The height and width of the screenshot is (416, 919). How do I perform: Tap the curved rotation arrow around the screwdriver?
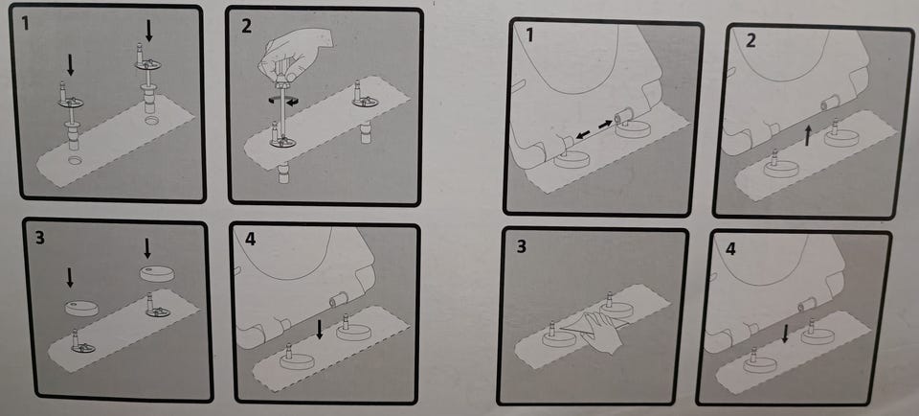(x=283, y=102)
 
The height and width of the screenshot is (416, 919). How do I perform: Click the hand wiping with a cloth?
(x=604, y=332)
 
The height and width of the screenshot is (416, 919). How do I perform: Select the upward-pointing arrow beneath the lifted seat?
(x=809, y=136)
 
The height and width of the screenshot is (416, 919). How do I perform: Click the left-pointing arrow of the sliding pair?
(x=583, y=135)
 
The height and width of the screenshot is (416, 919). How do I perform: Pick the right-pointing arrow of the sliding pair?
(x=605, y=125)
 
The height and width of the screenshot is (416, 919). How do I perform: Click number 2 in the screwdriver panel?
(x=246, y=25)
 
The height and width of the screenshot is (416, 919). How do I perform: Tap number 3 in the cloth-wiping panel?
(x=521, y=246)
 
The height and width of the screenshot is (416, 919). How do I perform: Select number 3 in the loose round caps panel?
(x=40, y=239)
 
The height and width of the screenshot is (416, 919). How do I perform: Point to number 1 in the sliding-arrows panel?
(x=529, y=35)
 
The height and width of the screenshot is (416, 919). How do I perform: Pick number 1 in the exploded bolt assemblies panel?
(x=25, y=23)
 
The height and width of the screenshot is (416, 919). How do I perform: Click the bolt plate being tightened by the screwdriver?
(x=283, y=141)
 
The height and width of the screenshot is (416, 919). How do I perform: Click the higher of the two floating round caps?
(x=157, y=273)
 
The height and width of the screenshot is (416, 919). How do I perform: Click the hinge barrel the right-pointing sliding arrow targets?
(x=625, y=114)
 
